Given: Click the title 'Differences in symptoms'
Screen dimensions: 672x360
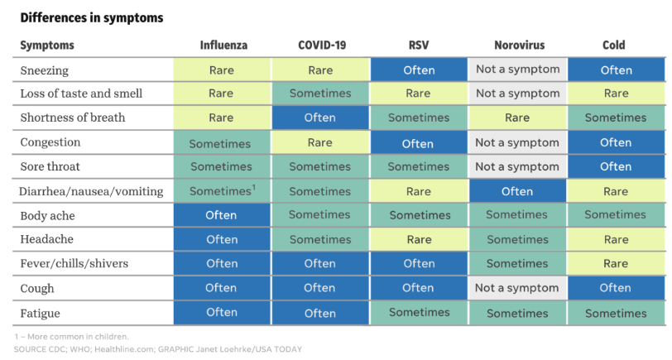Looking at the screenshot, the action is pyautogui.click(x=92, y=17).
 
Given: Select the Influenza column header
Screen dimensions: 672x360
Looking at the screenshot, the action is pyautogui.click(x=223, y=45).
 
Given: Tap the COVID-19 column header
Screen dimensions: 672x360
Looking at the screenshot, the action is pyautogui.click(x=322, y=45).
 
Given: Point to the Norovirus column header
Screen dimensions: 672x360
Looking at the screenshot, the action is pyautogui.click(x=520, y=45).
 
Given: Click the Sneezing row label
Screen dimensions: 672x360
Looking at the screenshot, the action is pyautogui.click(x=44, y=70).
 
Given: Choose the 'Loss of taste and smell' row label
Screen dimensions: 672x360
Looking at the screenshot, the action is pyautogui.click(x=81, y=94).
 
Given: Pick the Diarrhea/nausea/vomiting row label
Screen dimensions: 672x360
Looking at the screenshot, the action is pyautogui.click(x=91, y=191).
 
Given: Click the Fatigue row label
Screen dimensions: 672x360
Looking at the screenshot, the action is pyautogui.click(x=40, y=314).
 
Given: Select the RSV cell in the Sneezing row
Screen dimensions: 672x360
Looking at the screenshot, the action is pyautogui.click(x=419, y=70).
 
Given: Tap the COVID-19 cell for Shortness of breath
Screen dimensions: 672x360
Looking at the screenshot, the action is pyautogui.click(x=320, y=118).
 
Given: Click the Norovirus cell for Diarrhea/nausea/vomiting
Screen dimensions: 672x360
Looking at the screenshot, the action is pyautogui.click(x=517, y=191).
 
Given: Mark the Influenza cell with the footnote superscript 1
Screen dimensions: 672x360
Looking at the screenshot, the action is pyautogui.click(x=222, y=191).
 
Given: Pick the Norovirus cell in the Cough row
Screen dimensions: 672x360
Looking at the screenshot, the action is pyautogui.click(x=517, y=288).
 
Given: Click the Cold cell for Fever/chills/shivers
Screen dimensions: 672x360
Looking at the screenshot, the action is pyautogui.click(x=616, y=263).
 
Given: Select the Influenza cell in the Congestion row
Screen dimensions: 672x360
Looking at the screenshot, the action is pyautogui.click(x=222, y=142).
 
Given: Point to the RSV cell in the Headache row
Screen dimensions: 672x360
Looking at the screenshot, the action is pyautogui.click(x=419, y=239).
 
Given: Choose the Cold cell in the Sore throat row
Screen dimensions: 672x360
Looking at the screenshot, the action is pyautogui.click(x=616, y=166).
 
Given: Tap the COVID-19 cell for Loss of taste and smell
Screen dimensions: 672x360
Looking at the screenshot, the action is pyautogui.click(x=320, y=94).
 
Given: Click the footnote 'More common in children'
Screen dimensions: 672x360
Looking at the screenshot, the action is pyautogui.click(x=71, y=337).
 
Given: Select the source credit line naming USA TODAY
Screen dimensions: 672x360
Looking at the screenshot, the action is pyautogui.click(x=158, y=349).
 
